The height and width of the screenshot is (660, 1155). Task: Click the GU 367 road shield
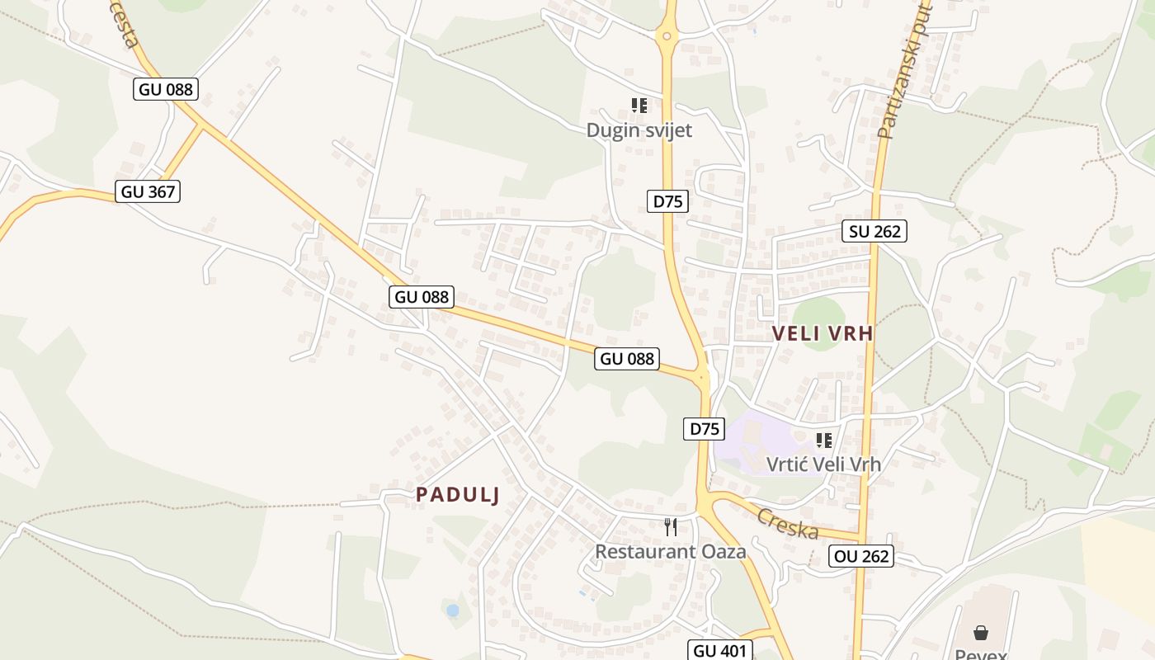[148, 191]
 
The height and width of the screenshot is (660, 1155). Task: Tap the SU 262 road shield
[874, 231]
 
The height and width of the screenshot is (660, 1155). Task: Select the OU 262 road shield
[861, 556]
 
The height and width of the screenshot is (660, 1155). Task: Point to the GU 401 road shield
[720, 650]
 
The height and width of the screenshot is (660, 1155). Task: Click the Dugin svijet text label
[639, 130]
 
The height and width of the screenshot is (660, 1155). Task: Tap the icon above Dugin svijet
[639, 106]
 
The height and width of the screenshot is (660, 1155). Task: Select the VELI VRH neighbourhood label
[822, 333]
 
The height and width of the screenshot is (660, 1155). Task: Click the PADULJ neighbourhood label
[458, 494]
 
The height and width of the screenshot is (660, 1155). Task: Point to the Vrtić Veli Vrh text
[823, 464]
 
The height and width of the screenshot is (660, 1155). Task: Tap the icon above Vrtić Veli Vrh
[823, 441]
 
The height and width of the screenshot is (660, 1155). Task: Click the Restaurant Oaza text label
[670, 551]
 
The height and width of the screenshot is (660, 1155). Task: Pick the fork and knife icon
[671, 527]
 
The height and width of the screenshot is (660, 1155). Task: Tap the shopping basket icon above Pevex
[981, 633]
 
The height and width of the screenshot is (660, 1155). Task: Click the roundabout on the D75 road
[667, 36]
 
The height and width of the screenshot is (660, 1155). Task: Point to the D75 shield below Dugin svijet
[667, 201]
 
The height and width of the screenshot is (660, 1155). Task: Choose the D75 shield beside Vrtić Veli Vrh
[704, 429]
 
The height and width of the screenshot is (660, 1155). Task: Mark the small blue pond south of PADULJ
[452, 610]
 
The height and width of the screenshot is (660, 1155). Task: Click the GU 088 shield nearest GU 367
[167, 89]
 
